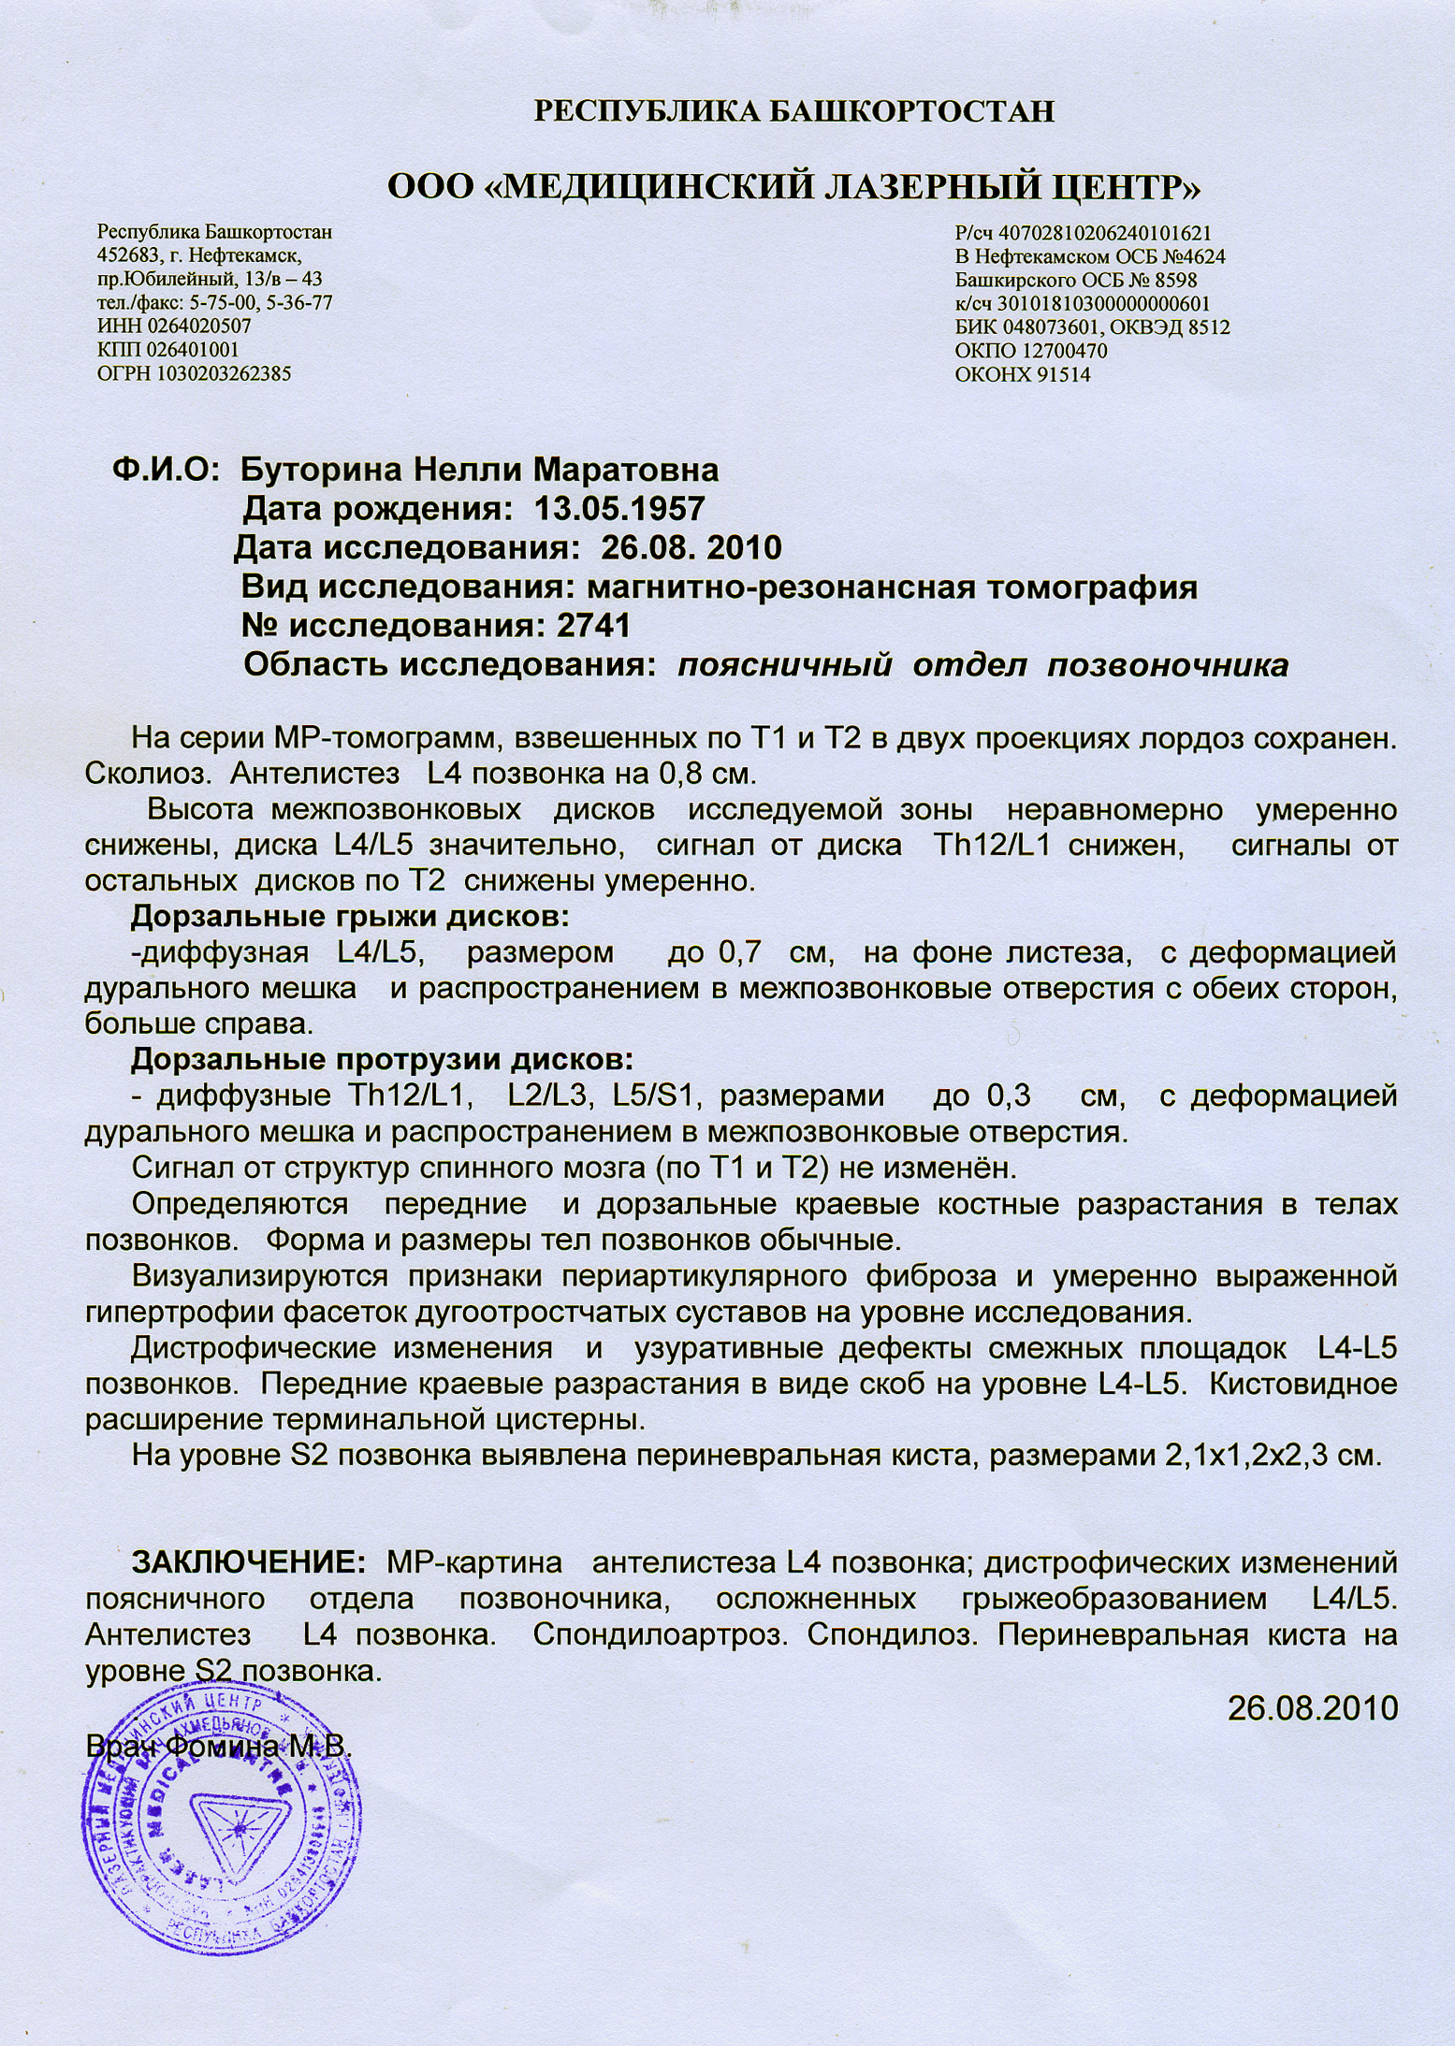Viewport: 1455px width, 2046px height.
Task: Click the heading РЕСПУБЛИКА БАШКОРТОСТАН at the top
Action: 793,112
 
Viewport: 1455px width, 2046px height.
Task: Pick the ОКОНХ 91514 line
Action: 1023,375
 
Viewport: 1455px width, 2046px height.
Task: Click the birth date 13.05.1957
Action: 618,509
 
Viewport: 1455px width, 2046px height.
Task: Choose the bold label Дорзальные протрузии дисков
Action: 382,1060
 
